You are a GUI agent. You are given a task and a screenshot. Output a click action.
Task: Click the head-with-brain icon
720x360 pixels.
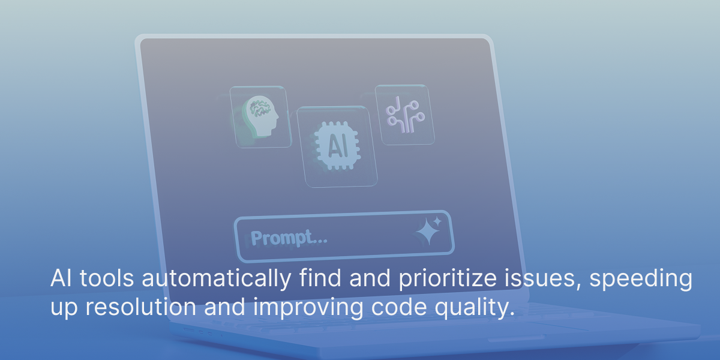261,116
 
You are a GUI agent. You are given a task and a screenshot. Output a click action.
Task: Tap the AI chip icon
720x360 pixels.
337,146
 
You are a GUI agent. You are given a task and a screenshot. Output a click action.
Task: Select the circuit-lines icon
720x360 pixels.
405,115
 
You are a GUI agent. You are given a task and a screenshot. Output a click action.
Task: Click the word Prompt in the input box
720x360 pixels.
282,238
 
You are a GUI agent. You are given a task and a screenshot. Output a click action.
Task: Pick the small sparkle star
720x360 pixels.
437,221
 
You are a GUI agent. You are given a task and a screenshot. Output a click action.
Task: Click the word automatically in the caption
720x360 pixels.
217,278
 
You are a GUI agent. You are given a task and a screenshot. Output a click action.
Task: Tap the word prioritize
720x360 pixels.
448,278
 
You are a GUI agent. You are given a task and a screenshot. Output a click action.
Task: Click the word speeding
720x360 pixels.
641,278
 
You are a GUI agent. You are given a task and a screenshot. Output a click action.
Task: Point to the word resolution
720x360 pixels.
141,307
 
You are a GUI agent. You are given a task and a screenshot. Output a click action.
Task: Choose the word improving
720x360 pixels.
308,308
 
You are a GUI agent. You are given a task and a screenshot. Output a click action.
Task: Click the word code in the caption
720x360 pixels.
399,307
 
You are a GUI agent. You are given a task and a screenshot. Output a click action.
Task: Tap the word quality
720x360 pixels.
475,308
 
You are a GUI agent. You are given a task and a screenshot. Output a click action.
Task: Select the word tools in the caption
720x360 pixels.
107,278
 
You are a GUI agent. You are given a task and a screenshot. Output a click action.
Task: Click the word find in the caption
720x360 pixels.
320,278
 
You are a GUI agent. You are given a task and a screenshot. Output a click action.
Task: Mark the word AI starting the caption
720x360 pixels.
61,278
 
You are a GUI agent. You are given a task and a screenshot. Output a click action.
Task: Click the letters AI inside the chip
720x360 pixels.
337,146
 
